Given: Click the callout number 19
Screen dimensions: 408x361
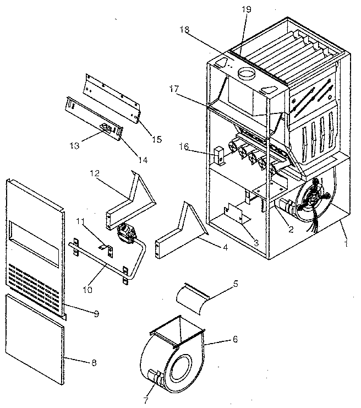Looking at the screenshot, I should [x=245, y=9].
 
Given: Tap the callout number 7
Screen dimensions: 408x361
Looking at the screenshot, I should [x=146, y=400].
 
